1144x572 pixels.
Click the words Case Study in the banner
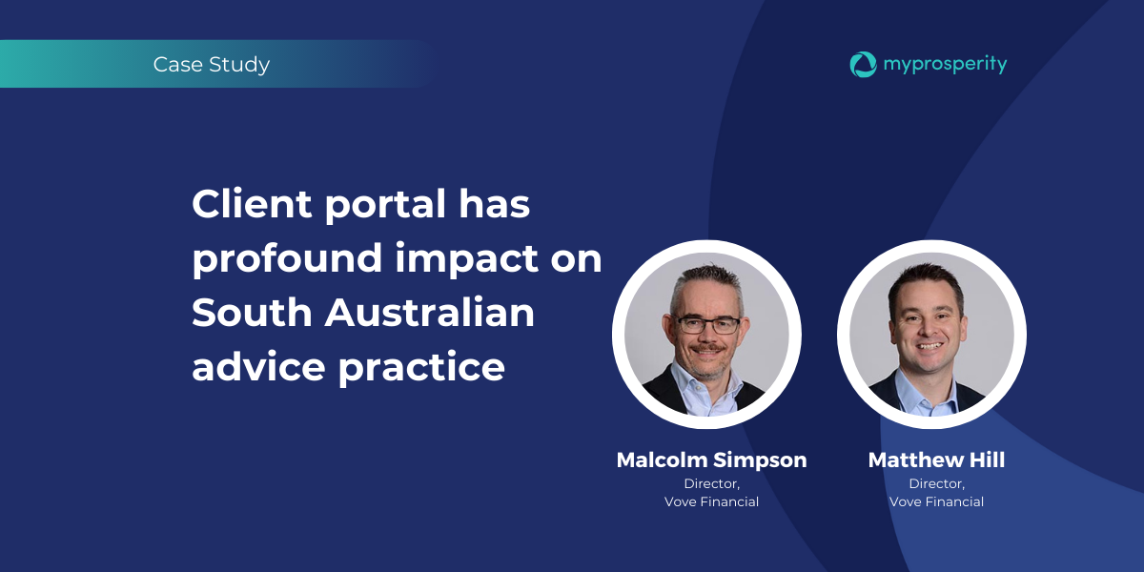(x=212, y=65)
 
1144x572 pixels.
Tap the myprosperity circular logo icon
(x=863, y=65)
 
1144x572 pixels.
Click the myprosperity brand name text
(x=946, y=65)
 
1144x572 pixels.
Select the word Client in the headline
(x=252, y=204)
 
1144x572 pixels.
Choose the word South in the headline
(x=252, y=313)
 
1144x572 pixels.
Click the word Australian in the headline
(x=430, y=312)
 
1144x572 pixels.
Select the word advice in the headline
(x=258, y=366)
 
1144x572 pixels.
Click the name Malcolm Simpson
(x=711, y=460)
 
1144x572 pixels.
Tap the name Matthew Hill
(x=936, y=460)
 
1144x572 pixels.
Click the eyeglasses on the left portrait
(x=707, y=325)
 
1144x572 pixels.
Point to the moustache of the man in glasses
(x=707, y=349)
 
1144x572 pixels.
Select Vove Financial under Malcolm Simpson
(x=711, y=502)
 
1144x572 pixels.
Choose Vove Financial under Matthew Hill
(x=936, y=502)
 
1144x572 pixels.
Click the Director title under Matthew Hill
(x=936, y=483)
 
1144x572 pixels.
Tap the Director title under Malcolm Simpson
(x=711, y=483)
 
